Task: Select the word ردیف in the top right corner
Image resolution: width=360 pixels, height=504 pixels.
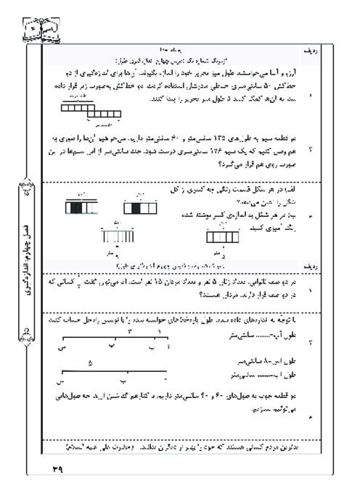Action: (331, 53)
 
